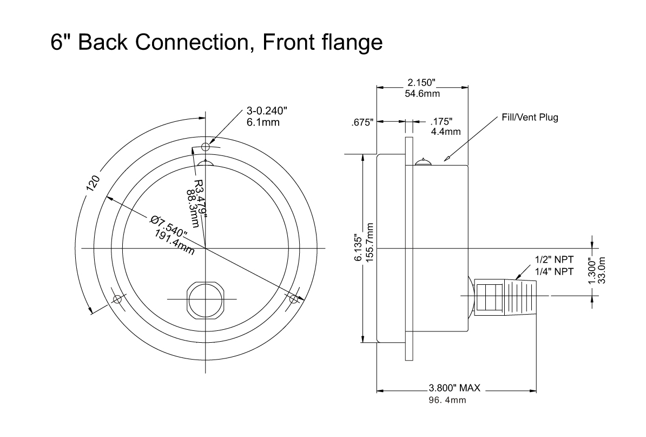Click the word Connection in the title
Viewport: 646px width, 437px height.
(193, 42)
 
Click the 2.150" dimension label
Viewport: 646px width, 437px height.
(421, 83)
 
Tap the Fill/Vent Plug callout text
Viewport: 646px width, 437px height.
(530, 117)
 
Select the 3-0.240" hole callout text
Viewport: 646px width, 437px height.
(267, 110)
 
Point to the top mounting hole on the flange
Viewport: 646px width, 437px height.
(206, 146)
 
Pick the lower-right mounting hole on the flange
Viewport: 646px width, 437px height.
(293, 298)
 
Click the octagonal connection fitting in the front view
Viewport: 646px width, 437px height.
(206, 299)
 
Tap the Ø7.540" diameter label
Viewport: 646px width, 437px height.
(168, 226)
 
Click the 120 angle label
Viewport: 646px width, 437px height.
(93, 182)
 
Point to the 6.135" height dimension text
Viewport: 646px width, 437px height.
(358, 249)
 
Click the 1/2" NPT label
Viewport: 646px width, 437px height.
(554, 260)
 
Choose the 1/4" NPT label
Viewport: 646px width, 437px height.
(554, 272)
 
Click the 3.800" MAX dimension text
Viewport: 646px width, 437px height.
(454, 388)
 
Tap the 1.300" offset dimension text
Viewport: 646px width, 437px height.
(592, 270)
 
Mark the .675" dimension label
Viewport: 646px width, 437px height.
(362, 122)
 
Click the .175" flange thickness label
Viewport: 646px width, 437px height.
(441, 122)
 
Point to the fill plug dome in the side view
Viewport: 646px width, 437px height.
(423, 161)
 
